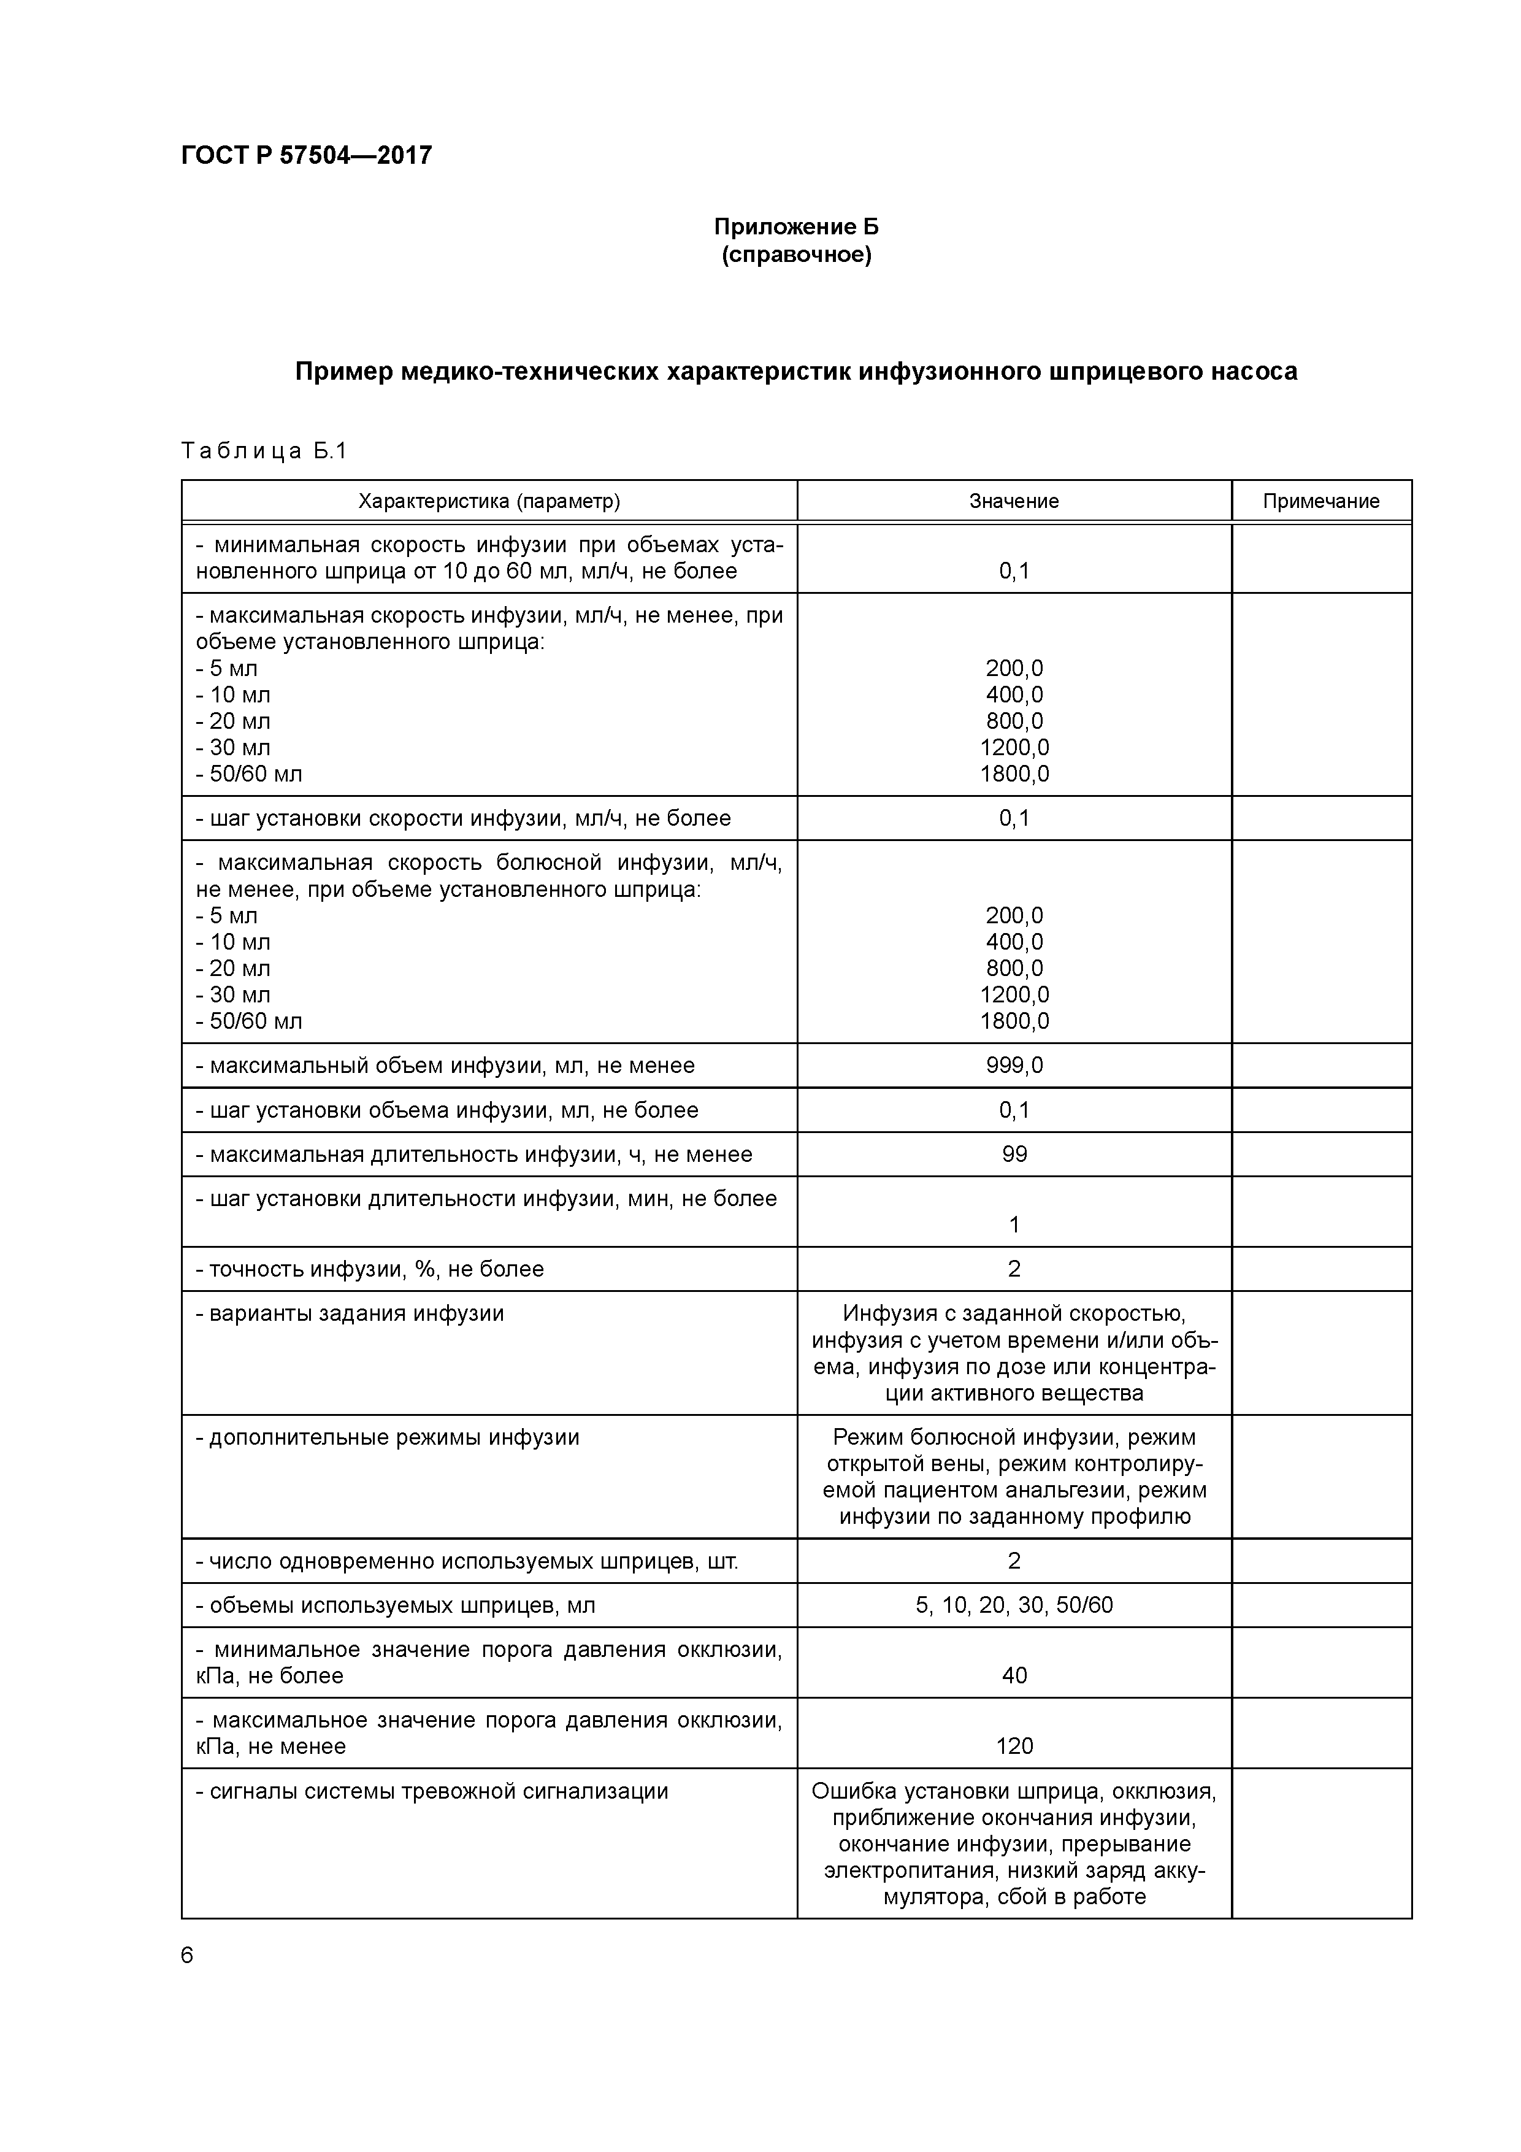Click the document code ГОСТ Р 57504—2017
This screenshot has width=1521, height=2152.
(x=307, y=156)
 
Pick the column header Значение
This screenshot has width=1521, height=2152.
(x=1013, y=501)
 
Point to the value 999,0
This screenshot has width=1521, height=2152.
(x=1014, y=1065)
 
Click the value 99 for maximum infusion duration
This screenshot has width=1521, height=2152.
(x=1014, y=1154)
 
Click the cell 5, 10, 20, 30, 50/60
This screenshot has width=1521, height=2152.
(x=1014, y=1605)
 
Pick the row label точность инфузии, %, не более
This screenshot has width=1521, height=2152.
(x=369, y=1269)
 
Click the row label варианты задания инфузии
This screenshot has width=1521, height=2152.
(x=350, y=1313)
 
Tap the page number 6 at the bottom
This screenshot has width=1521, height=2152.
(x=186, y=1955)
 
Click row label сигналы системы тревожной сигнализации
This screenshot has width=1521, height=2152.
(x=431, y=1791)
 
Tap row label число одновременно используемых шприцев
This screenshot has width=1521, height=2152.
(x=465, y=1561)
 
